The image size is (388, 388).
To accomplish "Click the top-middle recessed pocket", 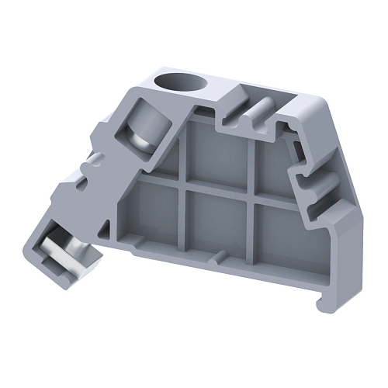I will [x=222, y=147].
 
